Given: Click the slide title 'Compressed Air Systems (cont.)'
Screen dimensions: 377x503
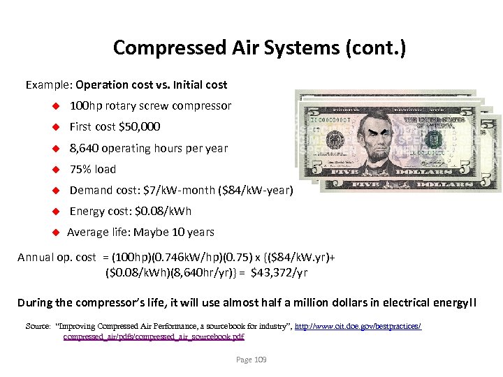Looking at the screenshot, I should pos(259,47).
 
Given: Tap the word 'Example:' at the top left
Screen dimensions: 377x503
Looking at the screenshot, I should pos(49,84).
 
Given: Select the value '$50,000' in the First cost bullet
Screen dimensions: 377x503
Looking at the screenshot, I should pos(140,126).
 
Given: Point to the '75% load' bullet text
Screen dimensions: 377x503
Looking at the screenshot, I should pos(93,169).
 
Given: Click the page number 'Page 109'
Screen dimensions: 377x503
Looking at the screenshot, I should pos(251,360).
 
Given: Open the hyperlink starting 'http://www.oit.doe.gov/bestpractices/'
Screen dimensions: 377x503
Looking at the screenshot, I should pos(358,326).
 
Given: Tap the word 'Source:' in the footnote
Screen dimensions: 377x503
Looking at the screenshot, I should pos(38,326).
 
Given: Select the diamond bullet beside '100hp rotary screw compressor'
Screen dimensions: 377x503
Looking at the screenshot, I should pos(55,106).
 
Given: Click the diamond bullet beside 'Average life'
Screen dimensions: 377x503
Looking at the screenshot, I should pos(55,232).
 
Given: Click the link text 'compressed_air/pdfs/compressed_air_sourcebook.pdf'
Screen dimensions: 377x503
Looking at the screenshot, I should pos(154,337).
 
